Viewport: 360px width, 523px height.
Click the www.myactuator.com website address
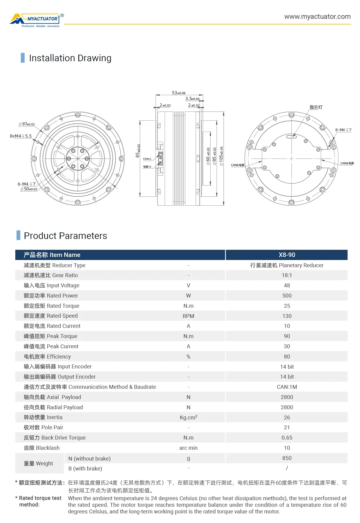(317, 17)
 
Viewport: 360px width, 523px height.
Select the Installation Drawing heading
(70, 58)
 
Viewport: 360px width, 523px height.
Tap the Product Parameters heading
(65, 236)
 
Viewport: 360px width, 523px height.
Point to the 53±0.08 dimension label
(178, 93)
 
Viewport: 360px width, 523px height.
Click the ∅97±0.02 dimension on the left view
(27, 124)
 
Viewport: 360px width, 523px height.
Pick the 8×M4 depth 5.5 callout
(21, 136)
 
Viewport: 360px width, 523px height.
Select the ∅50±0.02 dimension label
(29, 189)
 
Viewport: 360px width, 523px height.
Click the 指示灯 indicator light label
(316, 107)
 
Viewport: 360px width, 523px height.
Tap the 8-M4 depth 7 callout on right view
(343, 130)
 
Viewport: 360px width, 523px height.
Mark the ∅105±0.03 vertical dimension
(221, 156)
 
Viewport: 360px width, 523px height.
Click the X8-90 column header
(287, 255)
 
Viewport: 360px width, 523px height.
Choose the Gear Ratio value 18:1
(287, 275)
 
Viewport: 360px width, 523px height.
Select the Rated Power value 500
(287, 296)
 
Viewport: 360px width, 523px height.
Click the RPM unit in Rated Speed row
(188, 316)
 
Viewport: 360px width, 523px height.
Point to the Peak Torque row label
(50, 336)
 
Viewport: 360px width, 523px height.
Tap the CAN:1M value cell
(287, 387)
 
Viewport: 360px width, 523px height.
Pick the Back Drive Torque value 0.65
(287, 438)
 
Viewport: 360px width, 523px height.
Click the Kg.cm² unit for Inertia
(188, 417)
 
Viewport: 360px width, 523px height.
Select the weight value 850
(287, 458)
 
